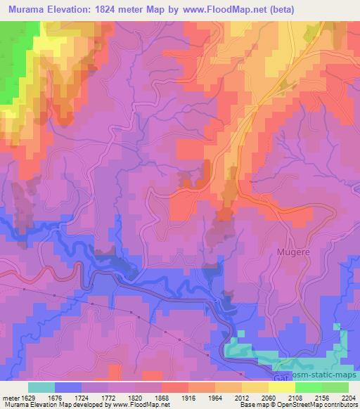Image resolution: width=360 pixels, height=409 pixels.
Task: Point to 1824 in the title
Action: pyautogui.click(x=108, y=9)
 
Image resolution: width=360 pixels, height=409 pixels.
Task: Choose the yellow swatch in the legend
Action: pyautogui.click(x=282, y=387)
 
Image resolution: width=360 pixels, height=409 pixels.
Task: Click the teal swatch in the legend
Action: pyautogui.click(x=41, y=387)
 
